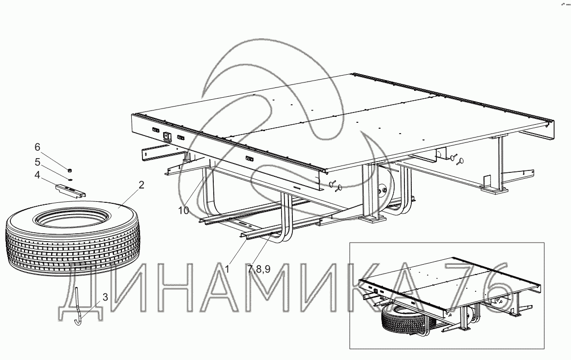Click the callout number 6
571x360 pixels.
37,147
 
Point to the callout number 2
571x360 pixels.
141,185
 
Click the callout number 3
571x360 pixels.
105,296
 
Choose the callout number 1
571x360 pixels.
227,269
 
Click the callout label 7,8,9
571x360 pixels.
259,269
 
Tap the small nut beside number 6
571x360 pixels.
69,170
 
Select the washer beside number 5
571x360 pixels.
70,179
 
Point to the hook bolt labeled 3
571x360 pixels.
78,307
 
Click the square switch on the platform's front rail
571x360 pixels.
166,137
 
